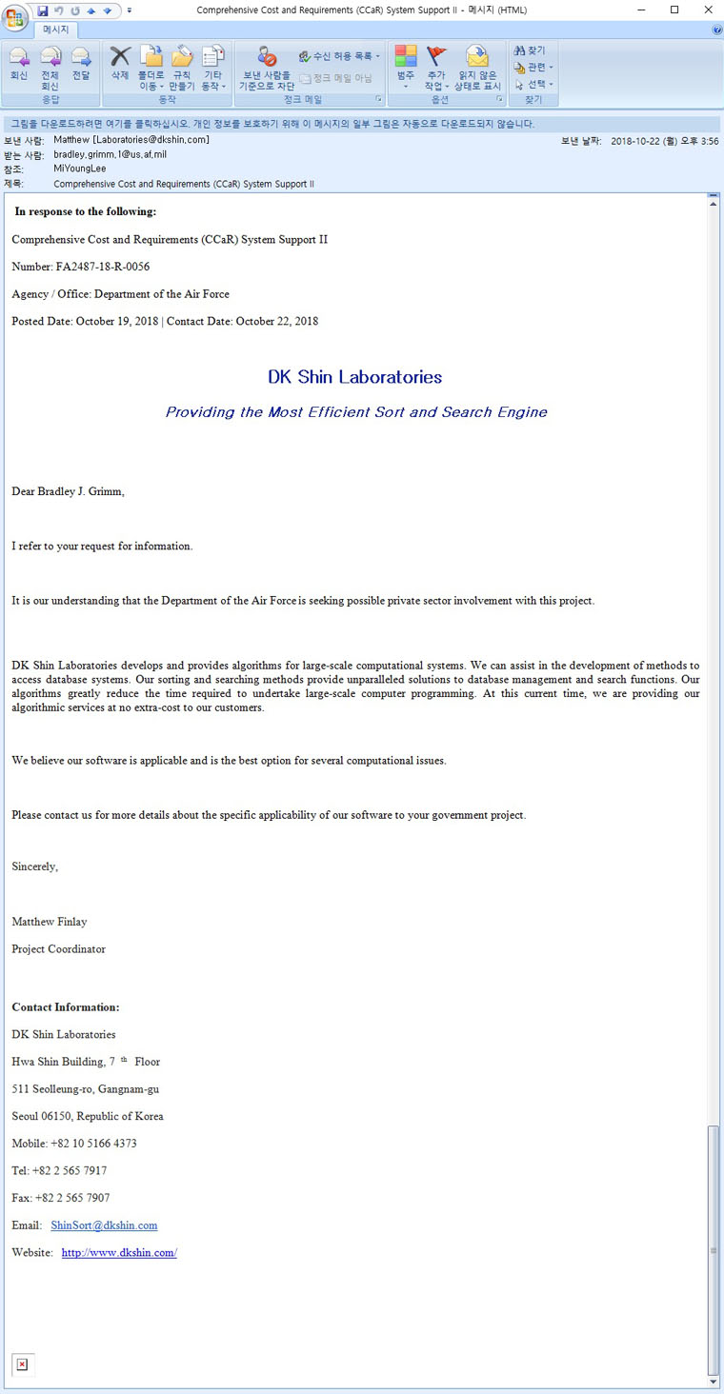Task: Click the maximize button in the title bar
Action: tap(674, 10)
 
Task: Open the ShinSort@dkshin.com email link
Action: tap(104, 1225)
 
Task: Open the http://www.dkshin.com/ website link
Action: tap(119, 1253)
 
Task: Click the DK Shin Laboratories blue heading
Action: tap(354, 377)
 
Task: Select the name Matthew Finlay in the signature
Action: tap(50, 922)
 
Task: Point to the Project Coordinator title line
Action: tap(58, 949)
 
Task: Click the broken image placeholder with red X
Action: tap(23, 1364)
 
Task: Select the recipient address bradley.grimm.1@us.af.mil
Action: tap(110, 154)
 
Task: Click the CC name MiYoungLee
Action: tap(80, 169)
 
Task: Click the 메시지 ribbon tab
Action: tap(55, 30)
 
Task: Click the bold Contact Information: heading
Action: tap(66, 1007)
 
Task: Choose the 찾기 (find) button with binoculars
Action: tap(531, 50)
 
